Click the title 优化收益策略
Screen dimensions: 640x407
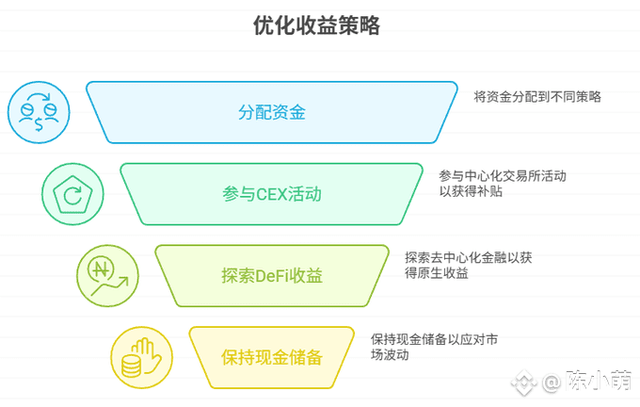coord(317,25)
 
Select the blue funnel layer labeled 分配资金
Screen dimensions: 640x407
coord(271,112)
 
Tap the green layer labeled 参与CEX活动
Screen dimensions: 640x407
coord(271,194)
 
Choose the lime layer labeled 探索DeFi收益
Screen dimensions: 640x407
coord(272,276)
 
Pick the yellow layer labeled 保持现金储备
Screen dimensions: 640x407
coord(271,358)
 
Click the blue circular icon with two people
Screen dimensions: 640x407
coord(39,112)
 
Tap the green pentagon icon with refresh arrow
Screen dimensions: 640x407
coord(72,194)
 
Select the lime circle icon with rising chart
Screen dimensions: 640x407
coord(107,276)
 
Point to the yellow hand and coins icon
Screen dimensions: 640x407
coord(141,358)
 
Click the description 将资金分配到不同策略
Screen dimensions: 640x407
coord(537,97)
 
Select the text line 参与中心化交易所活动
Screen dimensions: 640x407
coord(503,176)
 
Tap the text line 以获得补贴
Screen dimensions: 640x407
coord(471,191)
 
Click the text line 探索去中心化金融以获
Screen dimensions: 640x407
coord(468,258)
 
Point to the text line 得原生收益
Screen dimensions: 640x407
coord(437,273)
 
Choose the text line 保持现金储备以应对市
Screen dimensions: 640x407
coord(434,339)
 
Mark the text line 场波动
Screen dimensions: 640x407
coord(390,354)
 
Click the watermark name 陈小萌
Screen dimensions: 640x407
coord(599,382)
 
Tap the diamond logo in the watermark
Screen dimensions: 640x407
coord(524,383)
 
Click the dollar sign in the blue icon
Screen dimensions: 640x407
coord(39,123)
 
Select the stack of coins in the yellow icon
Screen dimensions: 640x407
coord(132,366)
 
